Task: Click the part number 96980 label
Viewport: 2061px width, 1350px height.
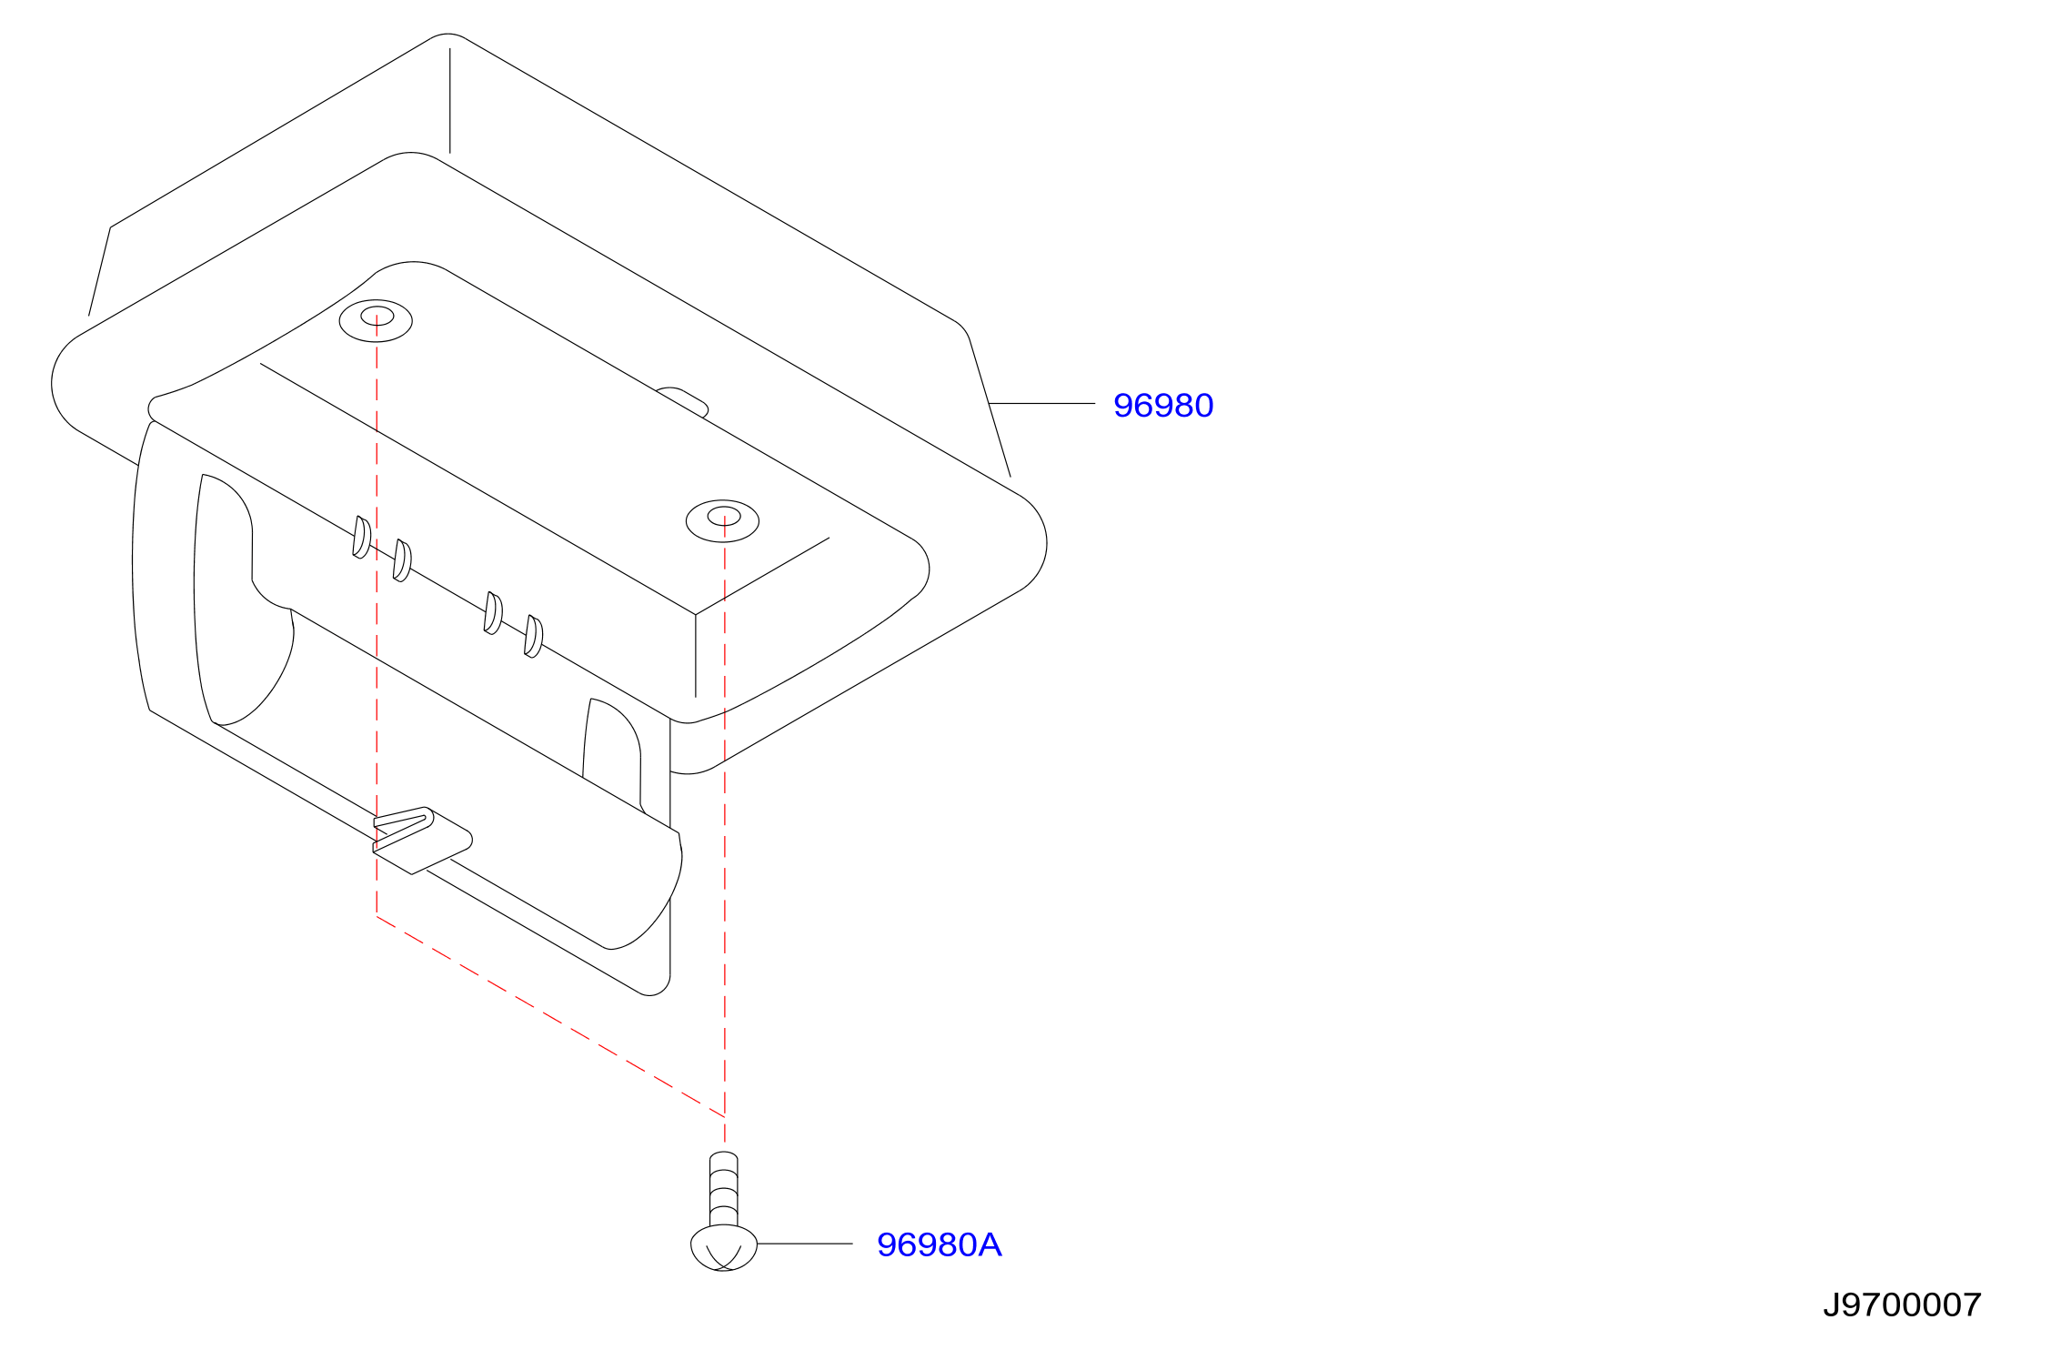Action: (x=1163, y=406)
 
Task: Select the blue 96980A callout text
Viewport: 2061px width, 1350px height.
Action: (x=939, y=1245)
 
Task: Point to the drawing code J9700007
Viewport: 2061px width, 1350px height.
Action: (x=1902, y=1305)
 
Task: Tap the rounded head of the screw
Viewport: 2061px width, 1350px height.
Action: (x=724, y=1247)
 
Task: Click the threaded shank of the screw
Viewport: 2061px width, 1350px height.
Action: (x=724, y=1189)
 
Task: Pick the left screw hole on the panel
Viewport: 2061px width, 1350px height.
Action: (x=376, y=320)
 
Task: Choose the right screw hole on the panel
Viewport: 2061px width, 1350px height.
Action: (x=722, y=520)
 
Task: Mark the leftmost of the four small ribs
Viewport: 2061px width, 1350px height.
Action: (x=361, y=537)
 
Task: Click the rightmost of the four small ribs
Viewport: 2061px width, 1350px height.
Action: (x=533, y=636)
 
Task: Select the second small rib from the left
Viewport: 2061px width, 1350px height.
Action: (x=401, y=559)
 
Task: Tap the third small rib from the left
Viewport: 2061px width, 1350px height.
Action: (x=493, y=612)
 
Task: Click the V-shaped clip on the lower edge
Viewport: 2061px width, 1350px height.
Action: (x=421, y=840)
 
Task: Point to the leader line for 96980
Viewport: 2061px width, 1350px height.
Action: (x=1042, y=403)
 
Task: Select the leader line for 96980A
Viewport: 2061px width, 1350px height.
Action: (x=805, y=1244)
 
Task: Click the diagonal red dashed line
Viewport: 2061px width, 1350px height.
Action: (x=550, y=1015)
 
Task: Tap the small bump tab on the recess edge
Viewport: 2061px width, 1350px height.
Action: (x=682, y=400)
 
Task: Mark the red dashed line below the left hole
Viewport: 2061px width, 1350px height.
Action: (x=377, y=616)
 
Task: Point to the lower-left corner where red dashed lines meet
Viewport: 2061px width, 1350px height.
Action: (x=377, y=915)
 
